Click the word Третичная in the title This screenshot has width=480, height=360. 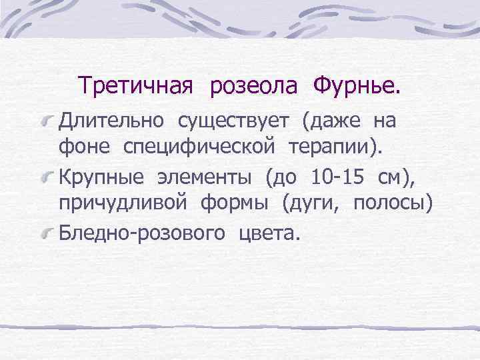coord(135,86)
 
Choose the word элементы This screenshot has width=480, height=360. coord(207,179)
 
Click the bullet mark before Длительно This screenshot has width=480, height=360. coord(49,123)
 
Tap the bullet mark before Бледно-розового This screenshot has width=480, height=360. coord(49,235)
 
